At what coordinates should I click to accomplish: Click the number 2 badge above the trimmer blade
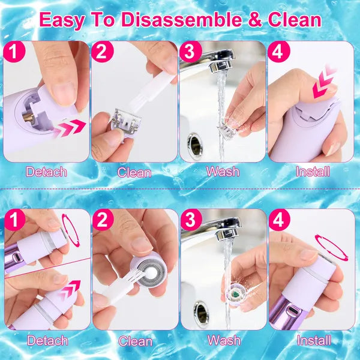pos(103,53)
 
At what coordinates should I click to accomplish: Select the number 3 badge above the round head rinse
pos(191,220)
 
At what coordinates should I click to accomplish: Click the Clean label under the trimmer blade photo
pos(134,172)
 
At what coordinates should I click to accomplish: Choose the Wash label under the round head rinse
pos(223,340)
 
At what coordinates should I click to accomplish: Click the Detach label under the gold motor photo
pos(47,172)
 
